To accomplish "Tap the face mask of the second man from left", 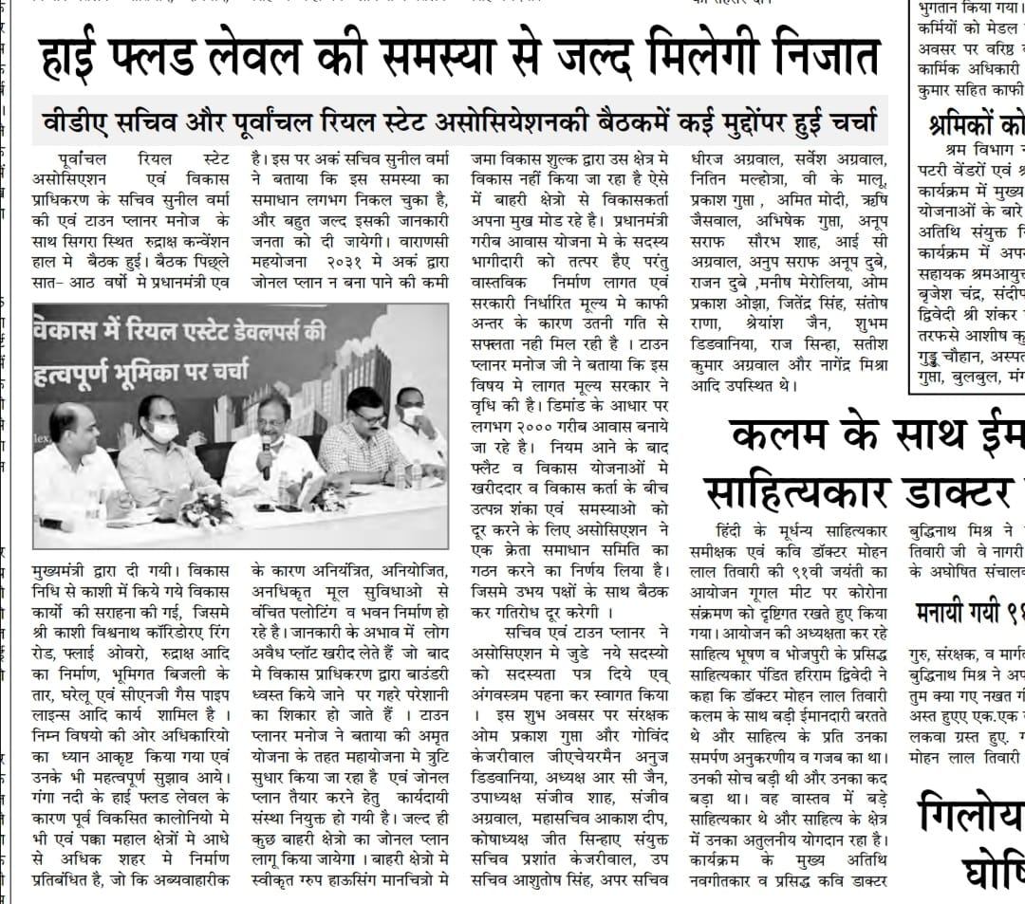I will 164,433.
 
